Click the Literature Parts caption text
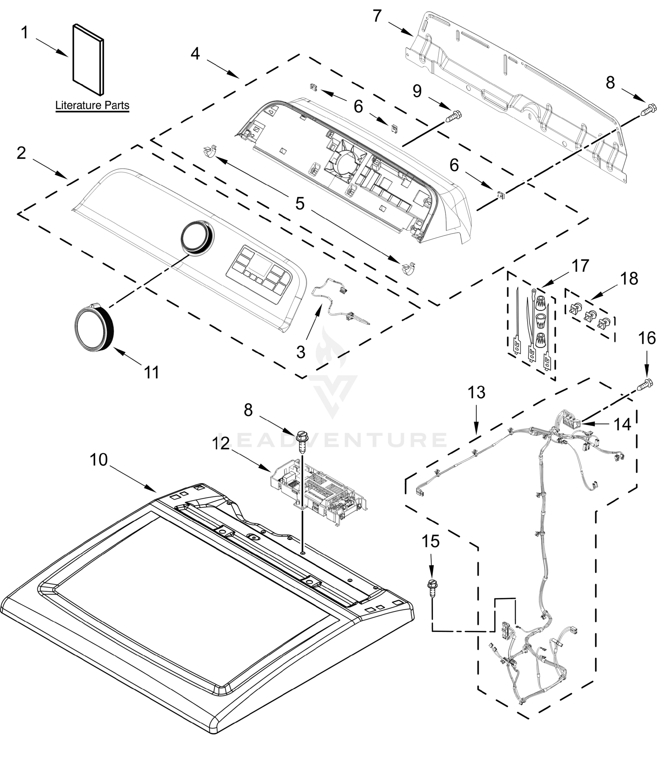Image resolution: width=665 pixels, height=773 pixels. click(x=92, y=105)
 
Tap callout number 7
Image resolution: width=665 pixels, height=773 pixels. click(x=377, y=16)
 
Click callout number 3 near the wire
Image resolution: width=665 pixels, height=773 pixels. click(x=300, y=352)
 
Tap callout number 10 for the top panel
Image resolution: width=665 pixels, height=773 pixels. click(x=99, y=460)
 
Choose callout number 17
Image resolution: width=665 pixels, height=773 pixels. click(x=580, y=266)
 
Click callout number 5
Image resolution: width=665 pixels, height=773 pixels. click(x=300, y=204)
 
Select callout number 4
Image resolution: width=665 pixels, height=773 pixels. click(x=195, y=54)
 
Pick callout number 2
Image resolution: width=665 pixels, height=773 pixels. click(x=21, y=153)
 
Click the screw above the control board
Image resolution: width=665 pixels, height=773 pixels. click(x=302, y=441)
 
